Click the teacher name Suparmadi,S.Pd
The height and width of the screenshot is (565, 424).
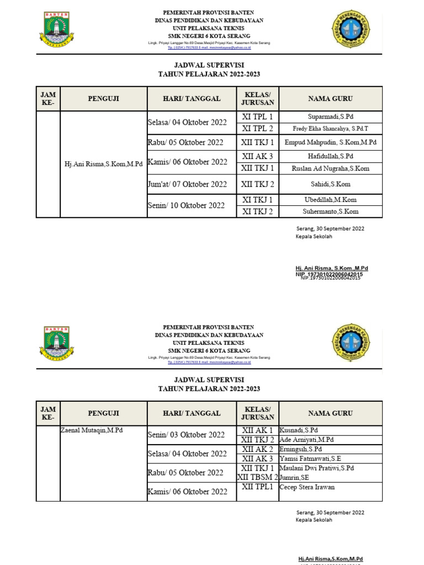pos(330,117)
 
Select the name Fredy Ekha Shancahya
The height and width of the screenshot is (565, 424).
pos(330,129)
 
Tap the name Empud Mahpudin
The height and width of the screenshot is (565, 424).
pos(330,142)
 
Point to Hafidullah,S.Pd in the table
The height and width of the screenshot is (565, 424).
pos(330,157)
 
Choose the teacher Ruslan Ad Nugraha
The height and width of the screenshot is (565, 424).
pos(330,168)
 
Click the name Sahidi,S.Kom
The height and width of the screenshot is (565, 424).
pos(330,184)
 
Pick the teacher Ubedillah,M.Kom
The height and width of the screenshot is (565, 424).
pos(330,200)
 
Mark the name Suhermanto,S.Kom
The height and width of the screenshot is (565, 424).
pos(330,211)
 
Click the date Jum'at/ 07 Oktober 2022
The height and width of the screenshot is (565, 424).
pos(188,184)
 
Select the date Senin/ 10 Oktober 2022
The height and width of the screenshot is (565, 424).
pos(187,205)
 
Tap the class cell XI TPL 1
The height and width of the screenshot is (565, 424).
pos(257,117)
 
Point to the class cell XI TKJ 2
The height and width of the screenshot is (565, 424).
pos(257,211)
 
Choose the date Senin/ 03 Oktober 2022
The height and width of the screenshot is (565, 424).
pos(187,435)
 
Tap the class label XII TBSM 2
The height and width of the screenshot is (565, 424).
pos(257,477)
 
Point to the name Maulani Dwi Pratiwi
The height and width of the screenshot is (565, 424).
pos(317,468)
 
